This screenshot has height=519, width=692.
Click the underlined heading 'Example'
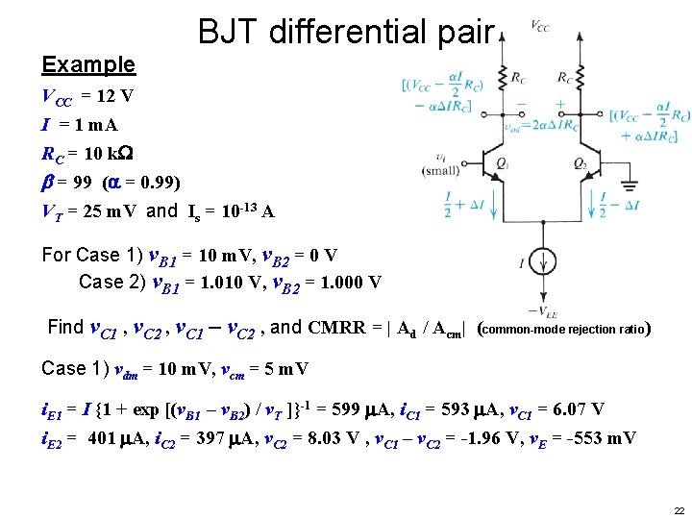(x=88, y=65)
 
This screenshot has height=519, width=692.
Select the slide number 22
(x=679, y=509)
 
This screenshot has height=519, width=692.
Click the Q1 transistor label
(x=502, y=164)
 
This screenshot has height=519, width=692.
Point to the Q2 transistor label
(x=580, y=164)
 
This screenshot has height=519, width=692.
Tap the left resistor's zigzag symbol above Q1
(x=501, y=78)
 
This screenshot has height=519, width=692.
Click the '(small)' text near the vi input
(x=439, y=171)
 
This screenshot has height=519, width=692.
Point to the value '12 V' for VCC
(x=114, y=97)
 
